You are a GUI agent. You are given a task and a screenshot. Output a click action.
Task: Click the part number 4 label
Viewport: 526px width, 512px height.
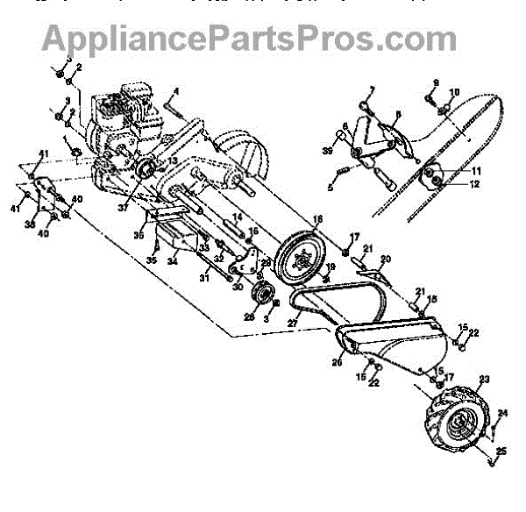coord(175,92)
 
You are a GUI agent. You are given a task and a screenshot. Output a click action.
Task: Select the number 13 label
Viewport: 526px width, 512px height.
coord(173,161)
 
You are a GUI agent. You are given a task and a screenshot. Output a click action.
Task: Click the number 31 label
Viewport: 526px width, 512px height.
coord(203,279)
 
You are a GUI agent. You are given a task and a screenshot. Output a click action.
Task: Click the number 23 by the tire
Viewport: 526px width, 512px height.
coord(482,380)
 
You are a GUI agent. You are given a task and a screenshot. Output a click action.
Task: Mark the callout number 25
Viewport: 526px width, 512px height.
coord(501,452)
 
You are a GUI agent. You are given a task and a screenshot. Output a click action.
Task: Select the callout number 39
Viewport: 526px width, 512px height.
coord(326,152)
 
